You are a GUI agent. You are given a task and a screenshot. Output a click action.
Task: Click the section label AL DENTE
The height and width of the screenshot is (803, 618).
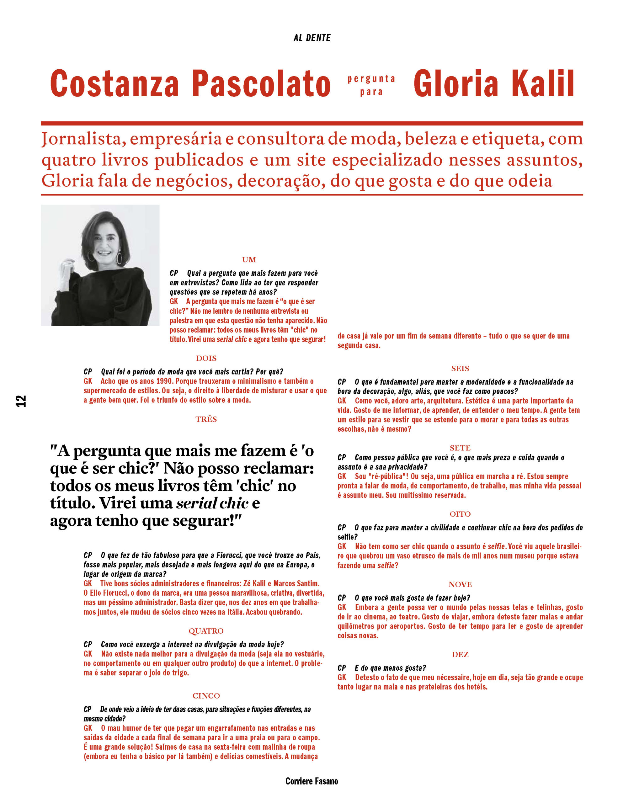tap(312, 38)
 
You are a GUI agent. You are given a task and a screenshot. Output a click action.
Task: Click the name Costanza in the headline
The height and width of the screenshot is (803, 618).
tap(114, 84)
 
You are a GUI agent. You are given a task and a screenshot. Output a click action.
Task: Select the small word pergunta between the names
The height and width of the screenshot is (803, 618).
tap(371, 79)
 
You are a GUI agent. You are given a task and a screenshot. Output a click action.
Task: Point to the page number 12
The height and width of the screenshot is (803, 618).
tap(21, 401)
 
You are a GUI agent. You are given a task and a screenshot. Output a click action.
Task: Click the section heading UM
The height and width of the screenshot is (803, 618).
tap(249, 260)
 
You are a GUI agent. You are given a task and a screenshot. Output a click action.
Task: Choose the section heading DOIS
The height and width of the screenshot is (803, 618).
tap(206, 358)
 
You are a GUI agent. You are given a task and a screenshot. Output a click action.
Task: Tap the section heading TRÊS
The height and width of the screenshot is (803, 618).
tap(206, 419)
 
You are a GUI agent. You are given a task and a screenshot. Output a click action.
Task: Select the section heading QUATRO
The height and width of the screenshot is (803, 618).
tap(206, 631)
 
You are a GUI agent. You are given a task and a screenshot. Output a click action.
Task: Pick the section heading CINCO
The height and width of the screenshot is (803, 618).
tap(206, 696)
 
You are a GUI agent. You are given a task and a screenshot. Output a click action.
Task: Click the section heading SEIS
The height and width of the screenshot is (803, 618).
tap(460, 369)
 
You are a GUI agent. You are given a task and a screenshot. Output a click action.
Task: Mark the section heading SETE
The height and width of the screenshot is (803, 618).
tap(460, 448)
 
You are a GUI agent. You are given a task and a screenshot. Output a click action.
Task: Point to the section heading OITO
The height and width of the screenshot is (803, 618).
tap(460, 514)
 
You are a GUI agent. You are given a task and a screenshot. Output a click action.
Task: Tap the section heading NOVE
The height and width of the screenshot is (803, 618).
tap(460, 585)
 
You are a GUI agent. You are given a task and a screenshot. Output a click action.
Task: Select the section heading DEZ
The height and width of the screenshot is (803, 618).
tap(460, 654)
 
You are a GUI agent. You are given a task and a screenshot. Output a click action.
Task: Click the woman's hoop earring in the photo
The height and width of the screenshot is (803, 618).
tap(120, 258)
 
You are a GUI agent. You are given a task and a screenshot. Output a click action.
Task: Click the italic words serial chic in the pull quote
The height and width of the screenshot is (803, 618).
tap(212, 503)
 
